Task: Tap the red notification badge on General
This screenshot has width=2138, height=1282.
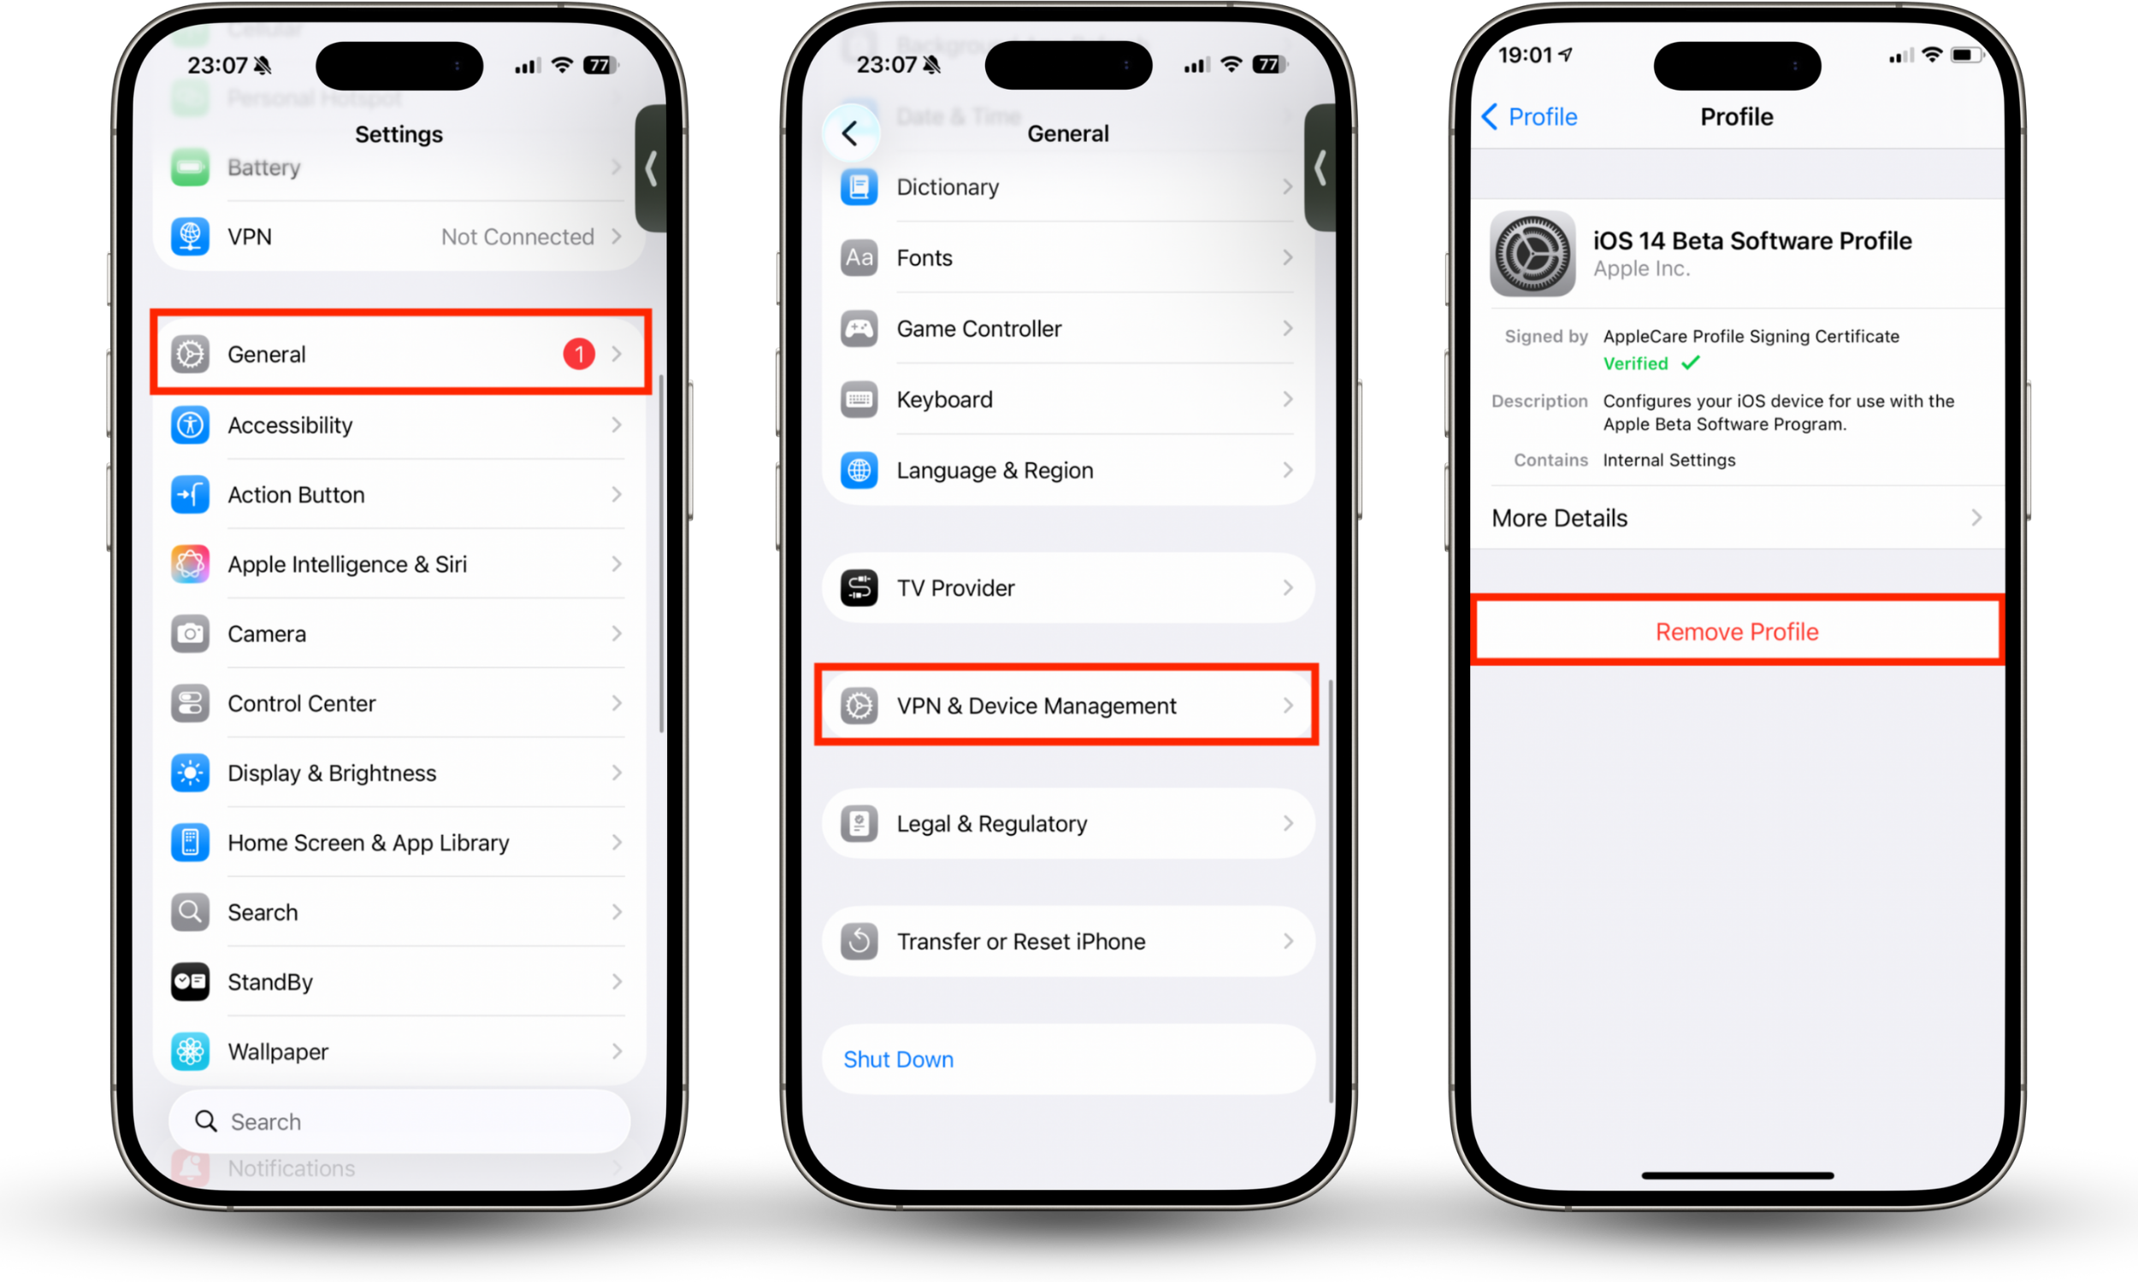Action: click(578, 354)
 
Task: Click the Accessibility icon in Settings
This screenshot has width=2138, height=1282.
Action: click(189, 425)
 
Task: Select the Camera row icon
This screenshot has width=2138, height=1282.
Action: click(189, 634)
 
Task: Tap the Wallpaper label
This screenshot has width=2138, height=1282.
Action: click(277, 1051)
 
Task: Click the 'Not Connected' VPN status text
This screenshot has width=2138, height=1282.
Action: click(517, 237)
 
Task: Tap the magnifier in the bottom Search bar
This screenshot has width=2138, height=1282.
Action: click(206, 1121)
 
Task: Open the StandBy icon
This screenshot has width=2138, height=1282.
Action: click(189, 982)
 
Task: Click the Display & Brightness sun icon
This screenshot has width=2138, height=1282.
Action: click(189, 773)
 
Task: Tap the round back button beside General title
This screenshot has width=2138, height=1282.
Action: click(850, 133)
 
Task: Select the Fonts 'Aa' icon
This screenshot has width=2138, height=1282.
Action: click(859, 257)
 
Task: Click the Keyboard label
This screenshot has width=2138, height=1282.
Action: click(944, 399)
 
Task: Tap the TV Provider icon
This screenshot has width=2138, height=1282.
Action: click(859, 588)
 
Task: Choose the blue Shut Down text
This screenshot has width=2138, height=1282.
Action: click(898, 1059)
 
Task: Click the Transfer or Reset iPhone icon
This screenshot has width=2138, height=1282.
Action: click(859, 942)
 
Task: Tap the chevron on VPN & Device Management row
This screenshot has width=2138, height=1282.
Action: click(1288, 706)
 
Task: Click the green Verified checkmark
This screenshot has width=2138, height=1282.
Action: click(1691, 363)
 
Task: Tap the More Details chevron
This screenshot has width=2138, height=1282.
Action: click(1976, 517)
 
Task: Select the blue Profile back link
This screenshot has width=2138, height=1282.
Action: click(1530, 116)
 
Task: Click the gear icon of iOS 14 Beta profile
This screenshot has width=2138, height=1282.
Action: click(1533, 254)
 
